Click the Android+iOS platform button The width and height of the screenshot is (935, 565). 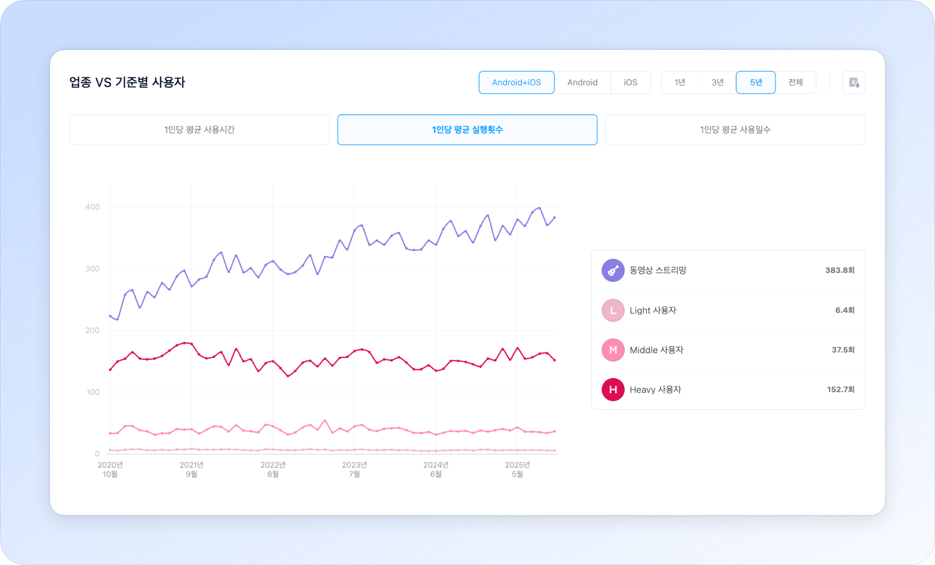(x=516, y=82)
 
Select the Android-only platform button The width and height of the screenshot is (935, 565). (x=582, y=82)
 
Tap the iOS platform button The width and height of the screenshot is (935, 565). (x=630, y=82)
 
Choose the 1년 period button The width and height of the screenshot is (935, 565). (x=679, y=82)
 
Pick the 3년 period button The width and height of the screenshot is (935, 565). (x=717, y=82)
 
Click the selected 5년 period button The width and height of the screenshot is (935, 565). (x=755, y=82)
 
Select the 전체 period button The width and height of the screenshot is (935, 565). (x=795, y=82)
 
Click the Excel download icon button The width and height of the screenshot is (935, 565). (x=854, y=82)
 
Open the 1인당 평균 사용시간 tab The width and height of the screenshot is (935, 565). (x=199, y=130)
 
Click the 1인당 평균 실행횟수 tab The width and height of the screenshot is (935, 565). (x=467, y=130)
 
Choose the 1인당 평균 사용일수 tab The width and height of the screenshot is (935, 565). (x=735, y=130)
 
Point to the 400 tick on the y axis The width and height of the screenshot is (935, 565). (x=92, y=207)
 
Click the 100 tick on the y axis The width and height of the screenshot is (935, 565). (x=92, y=392)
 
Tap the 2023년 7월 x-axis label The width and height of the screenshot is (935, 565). (x=354, y=470)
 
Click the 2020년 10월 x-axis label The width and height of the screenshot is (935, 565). (x=110, y=470)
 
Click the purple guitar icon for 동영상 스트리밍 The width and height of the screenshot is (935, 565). (x=613, y=271)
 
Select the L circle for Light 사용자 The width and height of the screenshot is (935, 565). (x=613, y=310)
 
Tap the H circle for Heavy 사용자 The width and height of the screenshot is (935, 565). (x=613, y=390)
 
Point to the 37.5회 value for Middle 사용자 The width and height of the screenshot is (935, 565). (x=843, y=350)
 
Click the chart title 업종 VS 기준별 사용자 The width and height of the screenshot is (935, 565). (x=127, y=82)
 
